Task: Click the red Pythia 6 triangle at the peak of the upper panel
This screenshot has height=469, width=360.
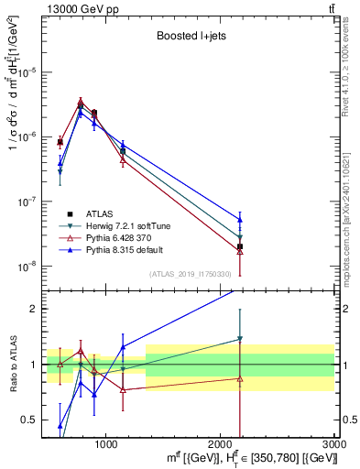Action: tap(81, 102)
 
